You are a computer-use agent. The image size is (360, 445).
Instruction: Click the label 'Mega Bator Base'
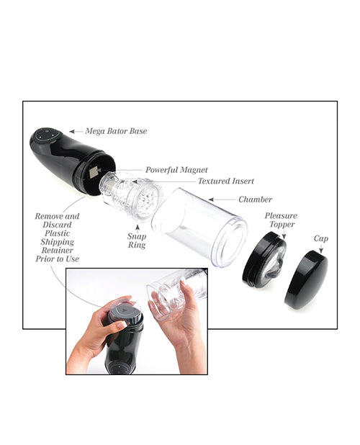tap(117, 132)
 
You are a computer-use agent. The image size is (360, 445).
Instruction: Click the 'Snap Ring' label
tap(137, 241)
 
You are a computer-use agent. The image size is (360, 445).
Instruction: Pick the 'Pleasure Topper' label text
tap(281, 220)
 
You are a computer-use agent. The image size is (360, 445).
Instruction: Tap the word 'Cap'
tap(321, 238)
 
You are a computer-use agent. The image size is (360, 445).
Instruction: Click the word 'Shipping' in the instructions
tap(57, 243)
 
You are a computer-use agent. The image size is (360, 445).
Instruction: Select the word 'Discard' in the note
tap(58, 225)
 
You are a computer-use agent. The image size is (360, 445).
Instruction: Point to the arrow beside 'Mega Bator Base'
tap(76, 132)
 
